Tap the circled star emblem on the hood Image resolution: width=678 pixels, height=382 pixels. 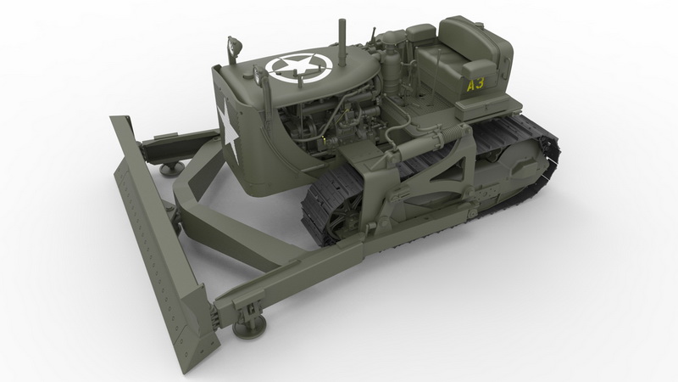pyautogui.click(x=298, y=67)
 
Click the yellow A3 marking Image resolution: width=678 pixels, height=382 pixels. pyautogui.click(x=475, y=83)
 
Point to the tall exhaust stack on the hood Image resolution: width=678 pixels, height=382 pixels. pyautogui.click(x=342, y=42)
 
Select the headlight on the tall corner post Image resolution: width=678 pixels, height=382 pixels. pyautogui.click(x=235, y=47)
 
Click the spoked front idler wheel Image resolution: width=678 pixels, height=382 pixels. pyautogui.click(x=342, y=218)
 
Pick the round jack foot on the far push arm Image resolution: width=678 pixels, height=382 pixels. pyautogui.click(x=171, y=167)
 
